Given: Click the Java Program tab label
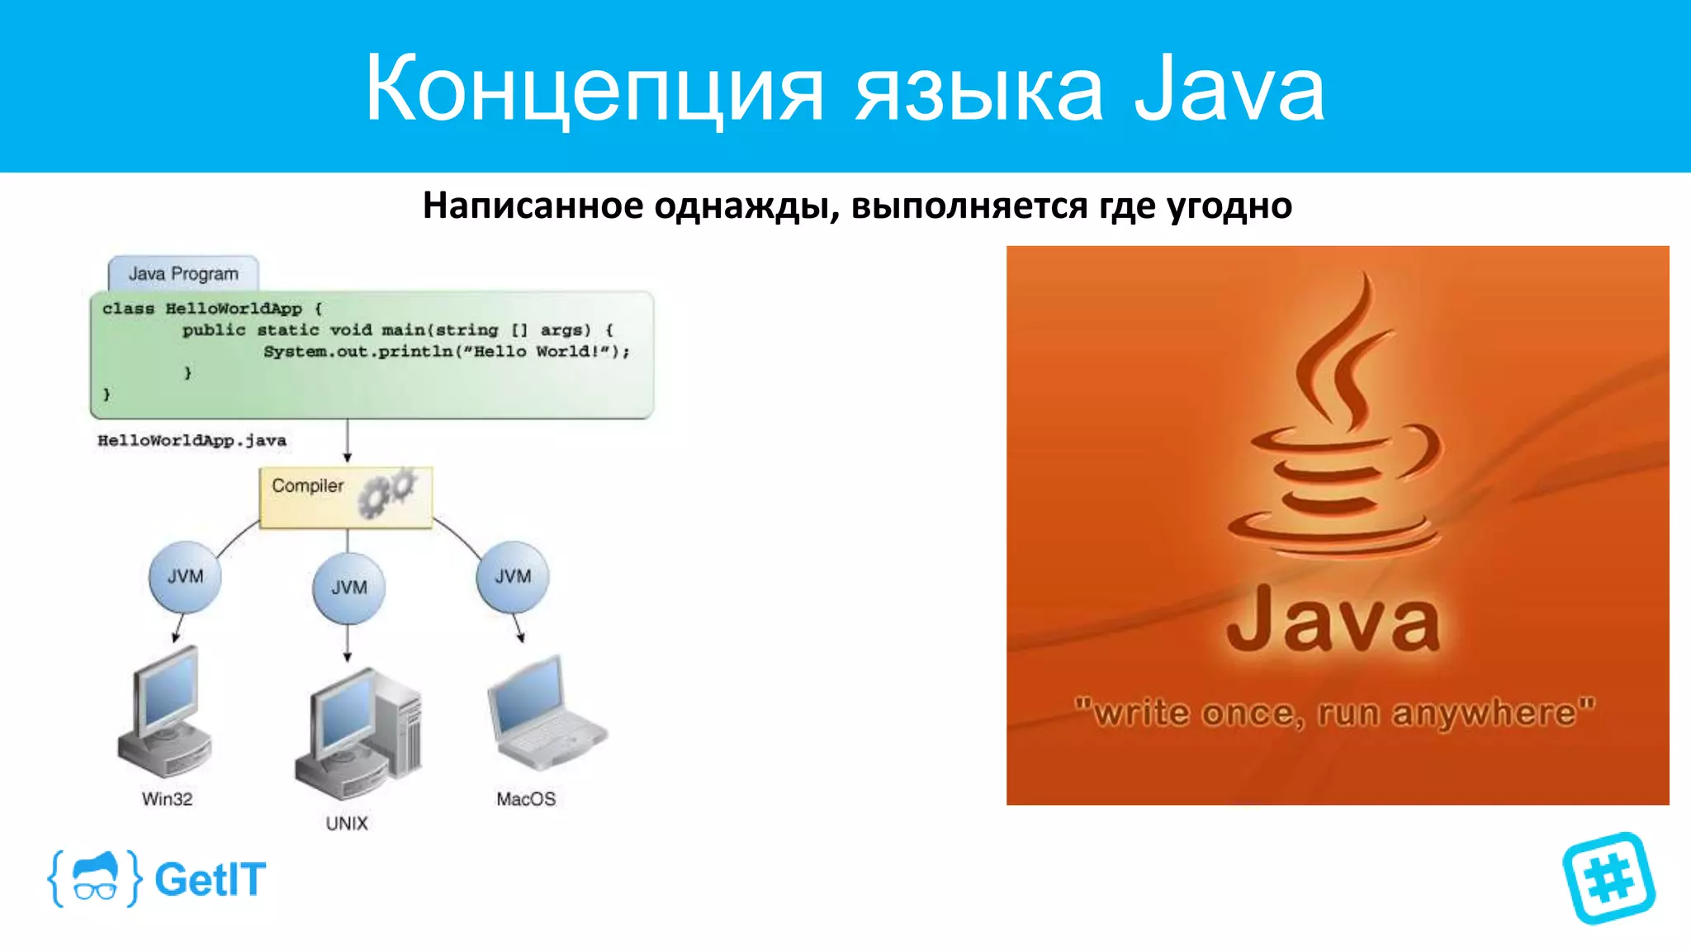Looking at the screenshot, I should tap(183, 273).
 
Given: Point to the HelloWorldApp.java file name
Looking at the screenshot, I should tap(192, 441).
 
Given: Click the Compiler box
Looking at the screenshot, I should tap(345, 498).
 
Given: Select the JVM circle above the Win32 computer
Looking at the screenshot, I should tap(185, 577).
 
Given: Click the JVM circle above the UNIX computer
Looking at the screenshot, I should tap(348, 588).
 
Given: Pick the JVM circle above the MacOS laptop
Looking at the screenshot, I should tap(513, 577).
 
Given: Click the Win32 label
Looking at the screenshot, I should tap(167, 799).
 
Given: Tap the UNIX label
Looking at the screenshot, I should tap(347, 824).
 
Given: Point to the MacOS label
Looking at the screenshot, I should tap(526, 799).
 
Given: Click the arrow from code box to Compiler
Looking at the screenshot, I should tap(348, 441).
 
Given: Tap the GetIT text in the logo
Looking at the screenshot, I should tap(211, 879).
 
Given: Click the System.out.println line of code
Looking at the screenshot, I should tap(446, 352).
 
